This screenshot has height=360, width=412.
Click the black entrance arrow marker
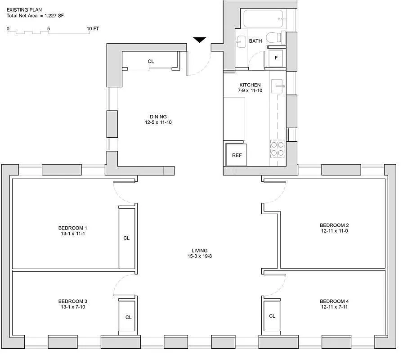click(200, 40)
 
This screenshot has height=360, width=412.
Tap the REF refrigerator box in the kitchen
click(237, 155)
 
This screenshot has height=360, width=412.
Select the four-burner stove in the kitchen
click(277, 148)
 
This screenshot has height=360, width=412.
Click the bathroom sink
click(241, 41)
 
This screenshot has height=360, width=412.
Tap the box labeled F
click(276, 58)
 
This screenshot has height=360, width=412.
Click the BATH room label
click(255, 41)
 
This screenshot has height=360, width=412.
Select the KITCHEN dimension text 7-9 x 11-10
click(250, 90)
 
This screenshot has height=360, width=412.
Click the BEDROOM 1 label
click(72, 227)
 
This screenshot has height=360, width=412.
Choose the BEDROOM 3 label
click(72, 301)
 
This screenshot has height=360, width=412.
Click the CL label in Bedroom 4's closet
click(272, 316)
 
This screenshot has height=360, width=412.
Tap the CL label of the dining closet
click(151, 61)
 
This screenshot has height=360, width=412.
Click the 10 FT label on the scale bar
click(93, 29)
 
